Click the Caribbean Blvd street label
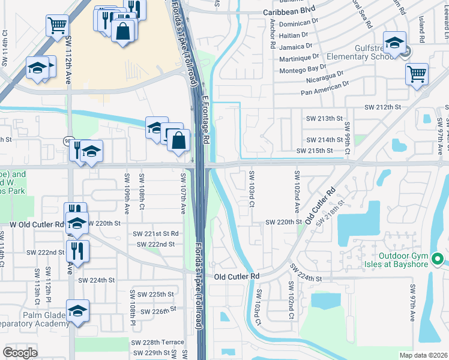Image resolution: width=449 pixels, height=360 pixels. (x=290, y=11)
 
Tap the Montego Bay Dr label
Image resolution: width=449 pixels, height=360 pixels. (x=303, y=68)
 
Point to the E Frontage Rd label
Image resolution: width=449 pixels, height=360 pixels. (x=205, y=119)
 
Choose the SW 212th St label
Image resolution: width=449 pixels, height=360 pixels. (x=382, y=107)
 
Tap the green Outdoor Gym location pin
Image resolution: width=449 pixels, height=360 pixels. (x=438, y=259)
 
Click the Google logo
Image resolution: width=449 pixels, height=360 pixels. (x=20, y=352)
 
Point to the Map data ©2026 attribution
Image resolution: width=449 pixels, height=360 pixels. (x=423, y=355)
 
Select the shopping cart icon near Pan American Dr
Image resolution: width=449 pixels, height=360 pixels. (x=417, y=74)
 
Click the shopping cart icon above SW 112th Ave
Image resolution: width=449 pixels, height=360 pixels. (x=58, y=26)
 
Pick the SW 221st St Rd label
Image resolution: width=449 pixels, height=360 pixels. (x=155, y=233)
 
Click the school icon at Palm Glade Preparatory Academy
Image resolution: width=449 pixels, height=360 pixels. (x=77, y=311)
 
